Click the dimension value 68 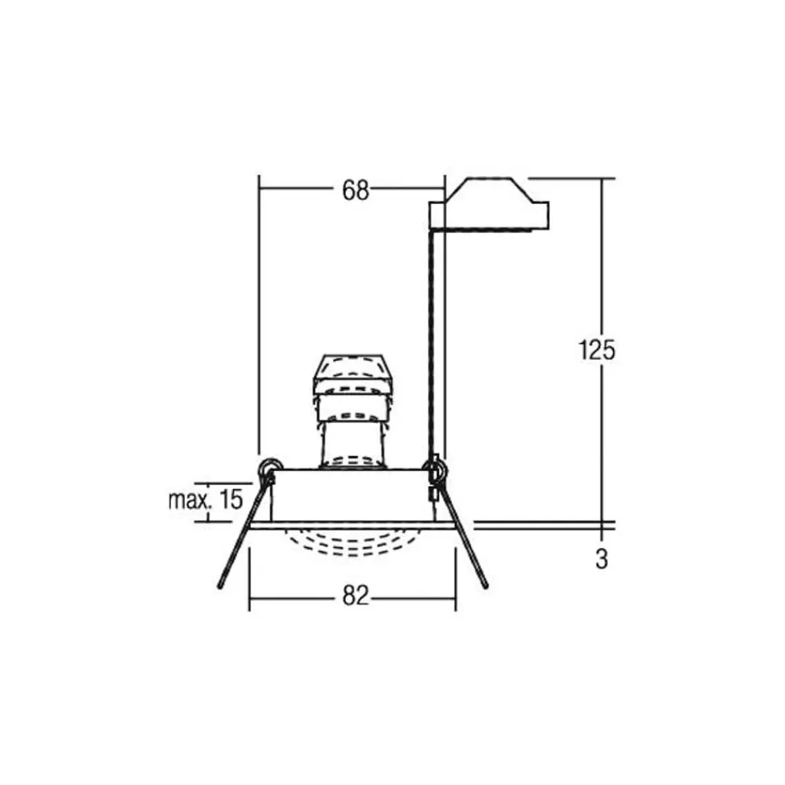pyautogui.click(x=356, y=191)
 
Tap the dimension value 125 pyautogui.click(x=597, y=350)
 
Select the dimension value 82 pyautogui.click(x=356, y=596)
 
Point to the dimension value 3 pyautogui.click(x=602, y=559)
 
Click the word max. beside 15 pyautogui.click(x=188, y=499)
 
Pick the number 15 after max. pyautogui.click(x=231, y=499)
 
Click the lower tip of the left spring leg pyautogui.click(x=219, y=586)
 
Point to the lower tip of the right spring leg pyautogui.click(x=485, y=586)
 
